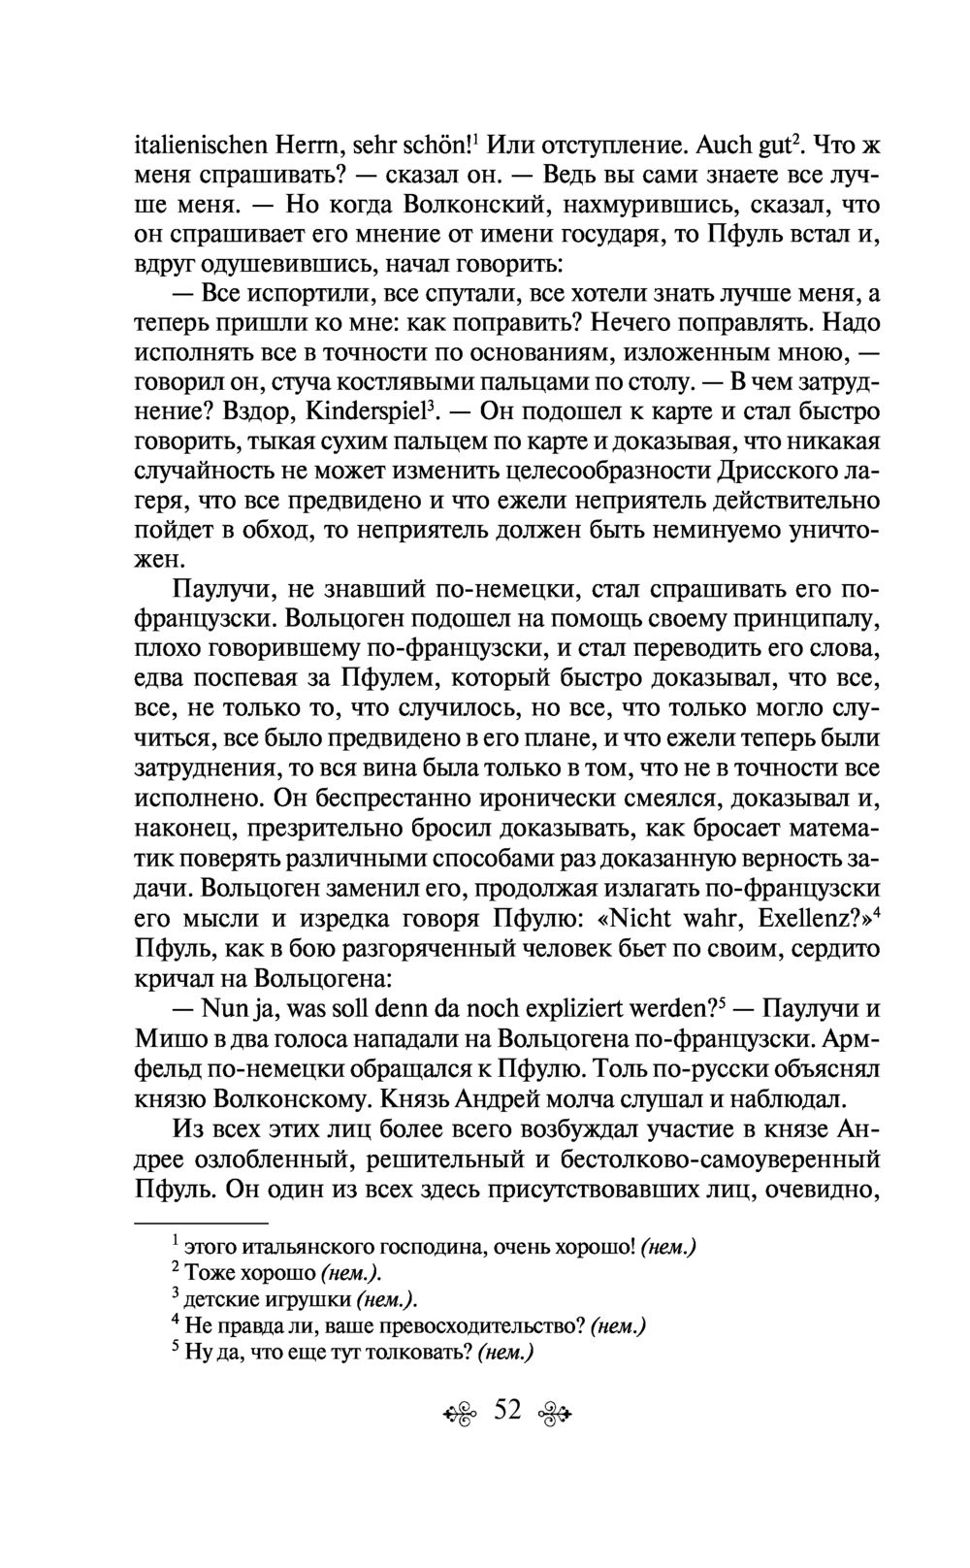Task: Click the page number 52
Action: [507, 1410]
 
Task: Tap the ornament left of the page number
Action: [453, 1413]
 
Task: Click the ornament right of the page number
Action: [558, 1413]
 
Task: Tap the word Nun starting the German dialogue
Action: [225, 1008]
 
